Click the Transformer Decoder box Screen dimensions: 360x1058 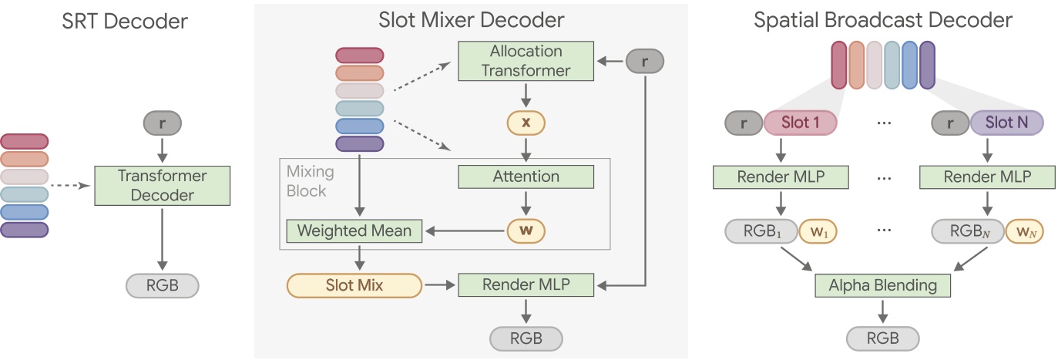pyautogui.click(x=162, y=185)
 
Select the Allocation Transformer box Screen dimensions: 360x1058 pyautogui.click(x=526, y=61)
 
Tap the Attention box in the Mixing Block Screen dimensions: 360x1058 pyautogui.click(x=526, y=177)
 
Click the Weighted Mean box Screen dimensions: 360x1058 pyautogui.click(x=354, y=230)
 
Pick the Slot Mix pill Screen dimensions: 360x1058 pyautogui.click(x=354, y=286)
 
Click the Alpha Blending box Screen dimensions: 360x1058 pyautogui.click(x=882, y=286)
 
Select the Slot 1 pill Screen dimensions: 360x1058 pyautogui.click(x=801, y=123)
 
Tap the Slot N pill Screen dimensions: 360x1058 pyautogui.click(x=1006, y=123)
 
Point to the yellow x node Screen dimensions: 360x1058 pyautogui.click(x=526, y=123)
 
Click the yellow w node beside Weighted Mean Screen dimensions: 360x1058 pyautogui.click(x=526, y=230)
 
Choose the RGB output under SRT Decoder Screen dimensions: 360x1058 pyautogui.click(x=162, y=286)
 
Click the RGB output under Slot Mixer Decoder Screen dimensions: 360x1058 pyautogui.click(x=526, y=338)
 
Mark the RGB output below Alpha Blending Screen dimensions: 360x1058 pyautogui.click(x=882, y=338)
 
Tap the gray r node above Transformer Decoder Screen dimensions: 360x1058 pyautogui.click(x=162, y=123)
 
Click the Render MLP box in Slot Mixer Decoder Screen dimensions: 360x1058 pyautogui.click(x=526, y=286)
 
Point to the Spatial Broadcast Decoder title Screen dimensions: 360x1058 pyautogui.click(x=883, y=20)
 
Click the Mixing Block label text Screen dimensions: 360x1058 pyautogui.click(x=307, y=180)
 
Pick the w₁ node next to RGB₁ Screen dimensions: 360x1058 pyautogui.click(x=818, y=230)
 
